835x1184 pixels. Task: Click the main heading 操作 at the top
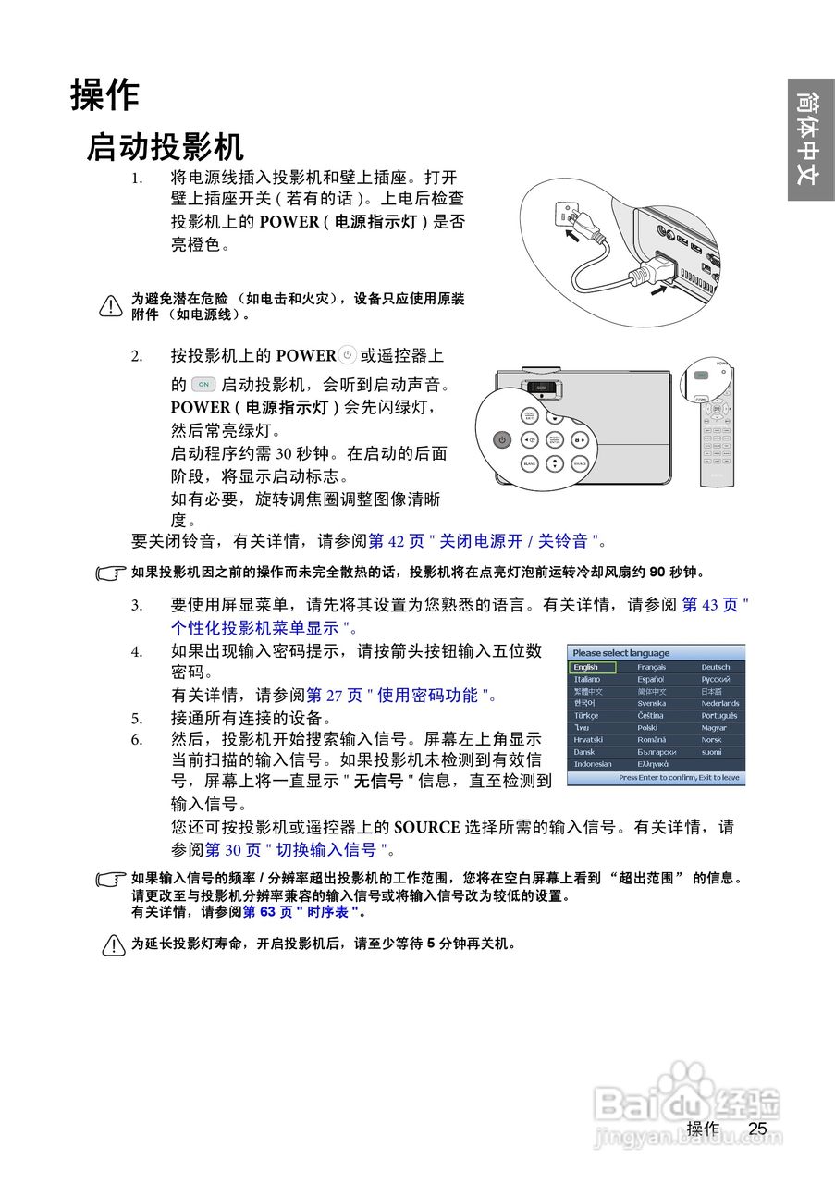pos(104,94)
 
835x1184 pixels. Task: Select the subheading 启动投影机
pos(165,147)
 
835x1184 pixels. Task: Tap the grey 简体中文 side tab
pos(810,139)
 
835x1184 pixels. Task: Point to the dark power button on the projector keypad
pos(501,440)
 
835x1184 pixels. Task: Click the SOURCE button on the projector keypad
pos(580,462)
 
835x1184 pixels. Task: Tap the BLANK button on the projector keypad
pos(529,462)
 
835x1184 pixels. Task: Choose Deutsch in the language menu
pos(715,667)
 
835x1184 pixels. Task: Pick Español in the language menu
pos(651,679)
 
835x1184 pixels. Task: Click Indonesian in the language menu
pos(593,764)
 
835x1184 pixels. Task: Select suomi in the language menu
pos(711,752)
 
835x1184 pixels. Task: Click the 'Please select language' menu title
pos(620,653)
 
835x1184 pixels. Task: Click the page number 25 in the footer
pos(758,1128)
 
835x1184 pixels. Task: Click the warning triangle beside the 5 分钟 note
pos(114,945)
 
